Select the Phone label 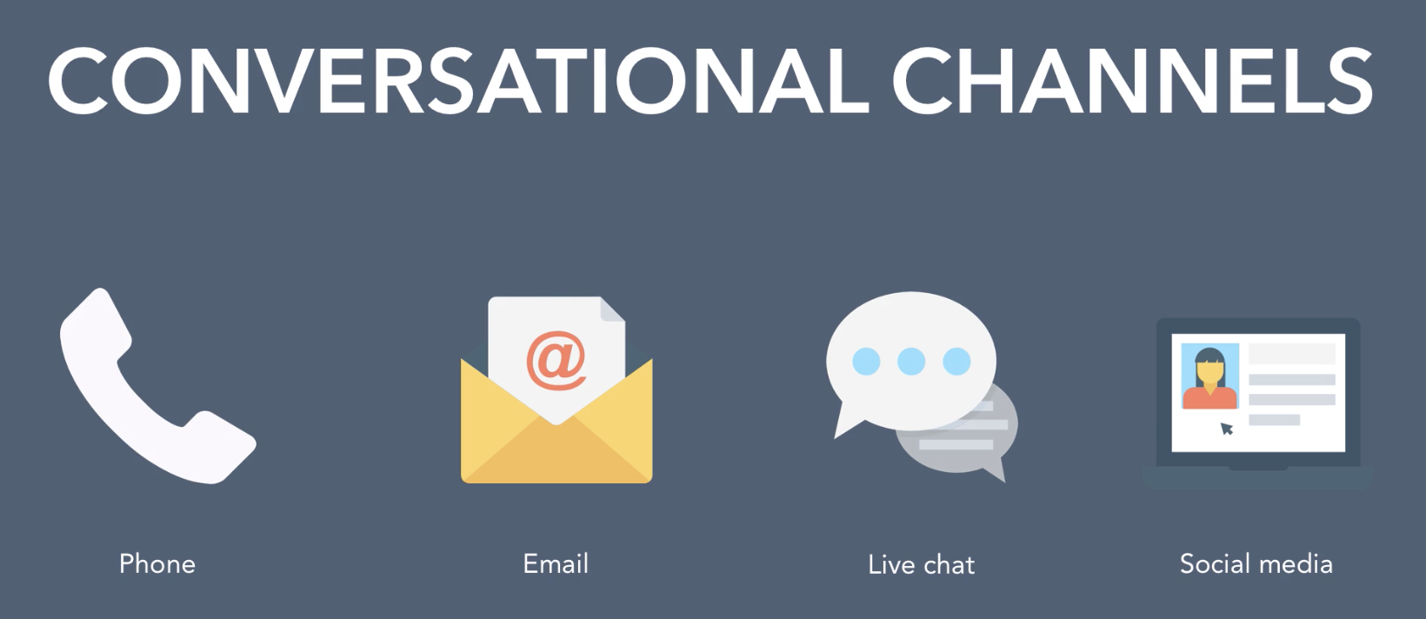click(x=157, y=564)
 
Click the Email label click(x=556, y=564)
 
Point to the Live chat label click(x=921, y=565)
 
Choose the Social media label click(x=1256, y=564)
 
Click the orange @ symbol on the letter click(x=556, y=361)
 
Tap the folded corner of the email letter click(x=612, y=309)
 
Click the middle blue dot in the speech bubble click(x=911, y=361)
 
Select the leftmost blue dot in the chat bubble click(x=866, y=361)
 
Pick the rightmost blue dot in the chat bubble click(x=956, y=361)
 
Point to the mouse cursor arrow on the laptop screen click(x=1227, y=429)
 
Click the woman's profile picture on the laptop click(x=1209, y=376)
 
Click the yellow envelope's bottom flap click(x=556, y=451)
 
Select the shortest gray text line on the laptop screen click(x=1274, y=420)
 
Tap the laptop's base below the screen click(x=1257, y=477)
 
